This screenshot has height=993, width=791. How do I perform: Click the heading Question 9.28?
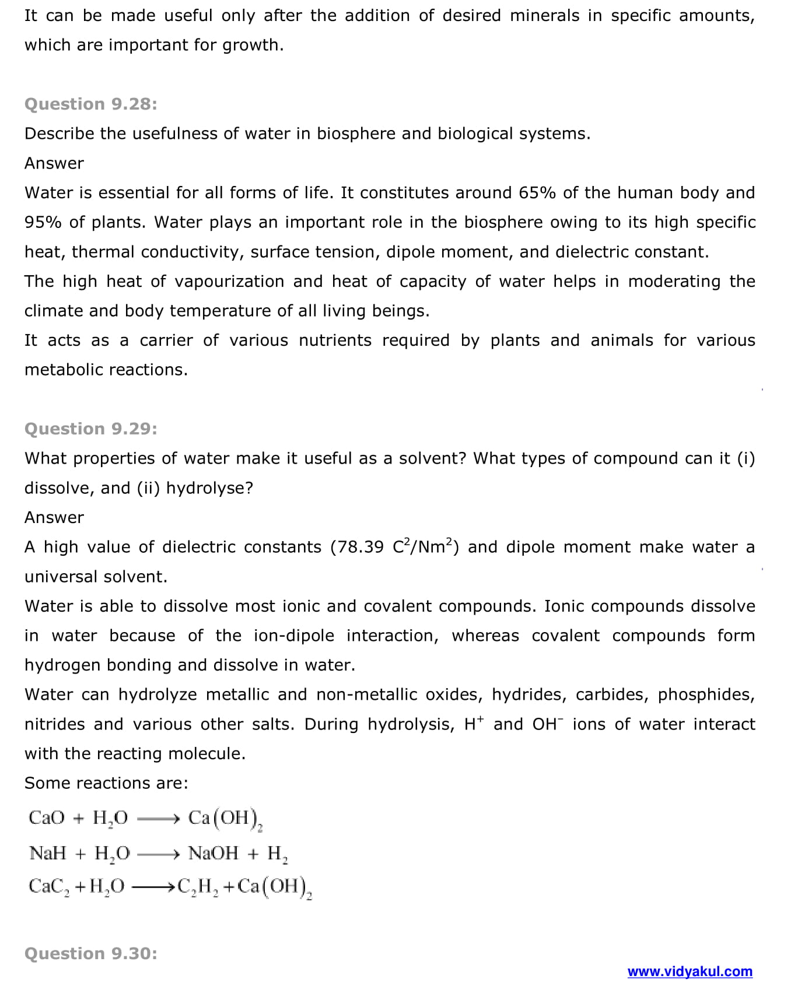point(90,104)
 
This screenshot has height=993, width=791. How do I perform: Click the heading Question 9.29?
point(90,429)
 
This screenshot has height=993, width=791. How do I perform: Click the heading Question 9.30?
point(90,953)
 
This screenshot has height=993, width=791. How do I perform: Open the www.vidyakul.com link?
point(689,971)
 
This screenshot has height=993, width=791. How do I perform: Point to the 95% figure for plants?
point(43,222)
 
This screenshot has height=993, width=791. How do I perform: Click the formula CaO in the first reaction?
point(47,817)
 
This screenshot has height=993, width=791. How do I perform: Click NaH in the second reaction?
point(48,853)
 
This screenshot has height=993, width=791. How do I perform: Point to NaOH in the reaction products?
point(213,853)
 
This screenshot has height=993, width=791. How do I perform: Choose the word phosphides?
point(706,694)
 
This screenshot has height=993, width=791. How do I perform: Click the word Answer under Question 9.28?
point(54,163)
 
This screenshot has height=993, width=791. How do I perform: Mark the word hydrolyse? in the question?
point(209,488)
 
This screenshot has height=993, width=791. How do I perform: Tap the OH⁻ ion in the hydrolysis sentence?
point(548,724)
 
